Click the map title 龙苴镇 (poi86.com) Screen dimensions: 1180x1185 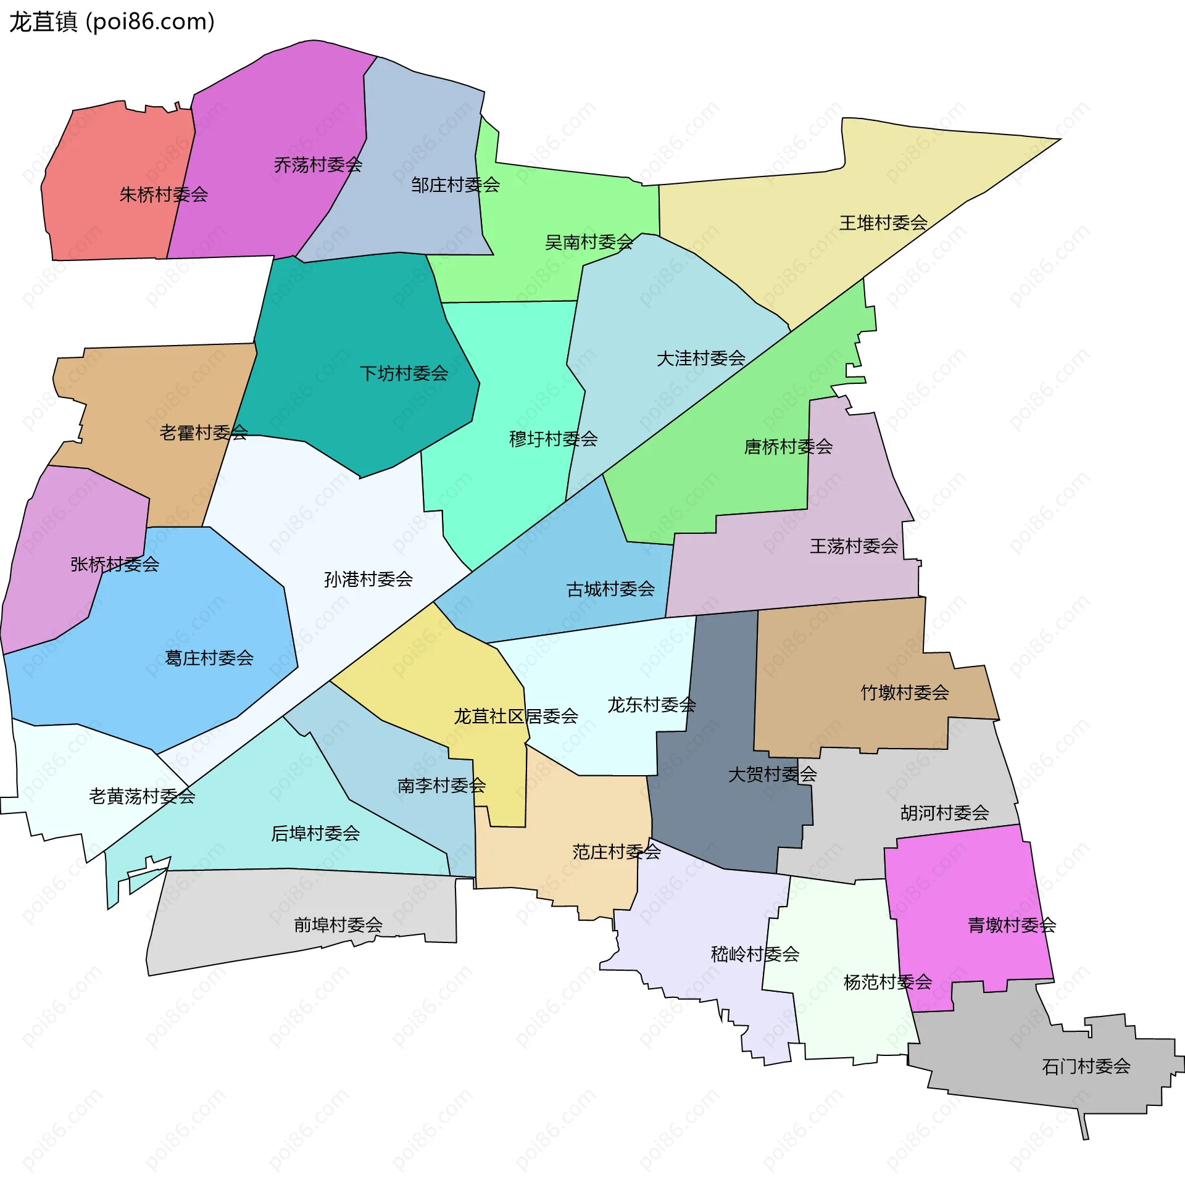112,22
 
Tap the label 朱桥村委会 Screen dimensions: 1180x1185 164,195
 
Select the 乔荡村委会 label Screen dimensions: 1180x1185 318,165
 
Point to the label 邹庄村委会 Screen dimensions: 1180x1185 455,185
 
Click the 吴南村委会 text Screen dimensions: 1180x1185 589,242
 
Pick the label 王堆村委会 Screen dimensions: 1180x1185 883,223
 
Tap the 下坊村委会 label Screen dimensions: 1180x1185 404,373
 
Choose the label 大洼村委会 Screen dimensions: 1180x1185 701,358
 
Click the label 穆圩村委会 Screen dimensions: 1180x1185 553,439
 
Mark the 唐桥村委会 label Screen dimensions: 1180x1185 788,446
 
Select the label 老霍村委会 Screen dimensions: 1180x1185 203,433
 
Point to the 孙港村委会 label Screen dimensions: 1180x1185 368,579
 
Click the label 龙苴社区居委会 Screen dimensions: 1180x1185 516,716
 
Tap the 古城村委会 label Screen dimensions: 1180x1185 610,589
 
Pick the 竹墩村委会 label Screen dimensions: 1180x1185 905,692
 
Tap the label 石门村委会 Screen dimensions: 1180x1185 1086,1066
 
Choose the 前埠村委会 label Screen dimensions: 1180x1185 338,924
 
